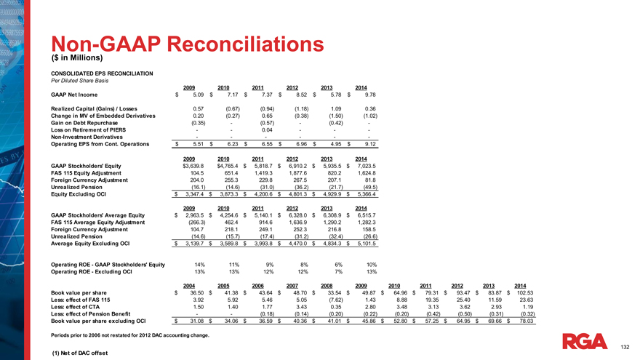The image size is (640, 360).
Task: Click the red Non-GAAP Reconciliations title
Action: click(x=188, y=43)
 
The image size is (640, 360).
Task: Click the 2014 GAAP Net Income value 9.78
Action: click(x=369, y=94)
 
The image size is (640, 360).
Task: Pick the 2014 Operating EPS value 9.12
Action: click(x=369, y=144)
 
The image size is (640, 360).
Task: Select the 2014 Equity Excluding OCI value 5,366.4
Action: click(x=366, y=195)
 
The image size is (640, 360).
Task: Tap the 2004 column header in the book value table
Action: click(x=189, y=285)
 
